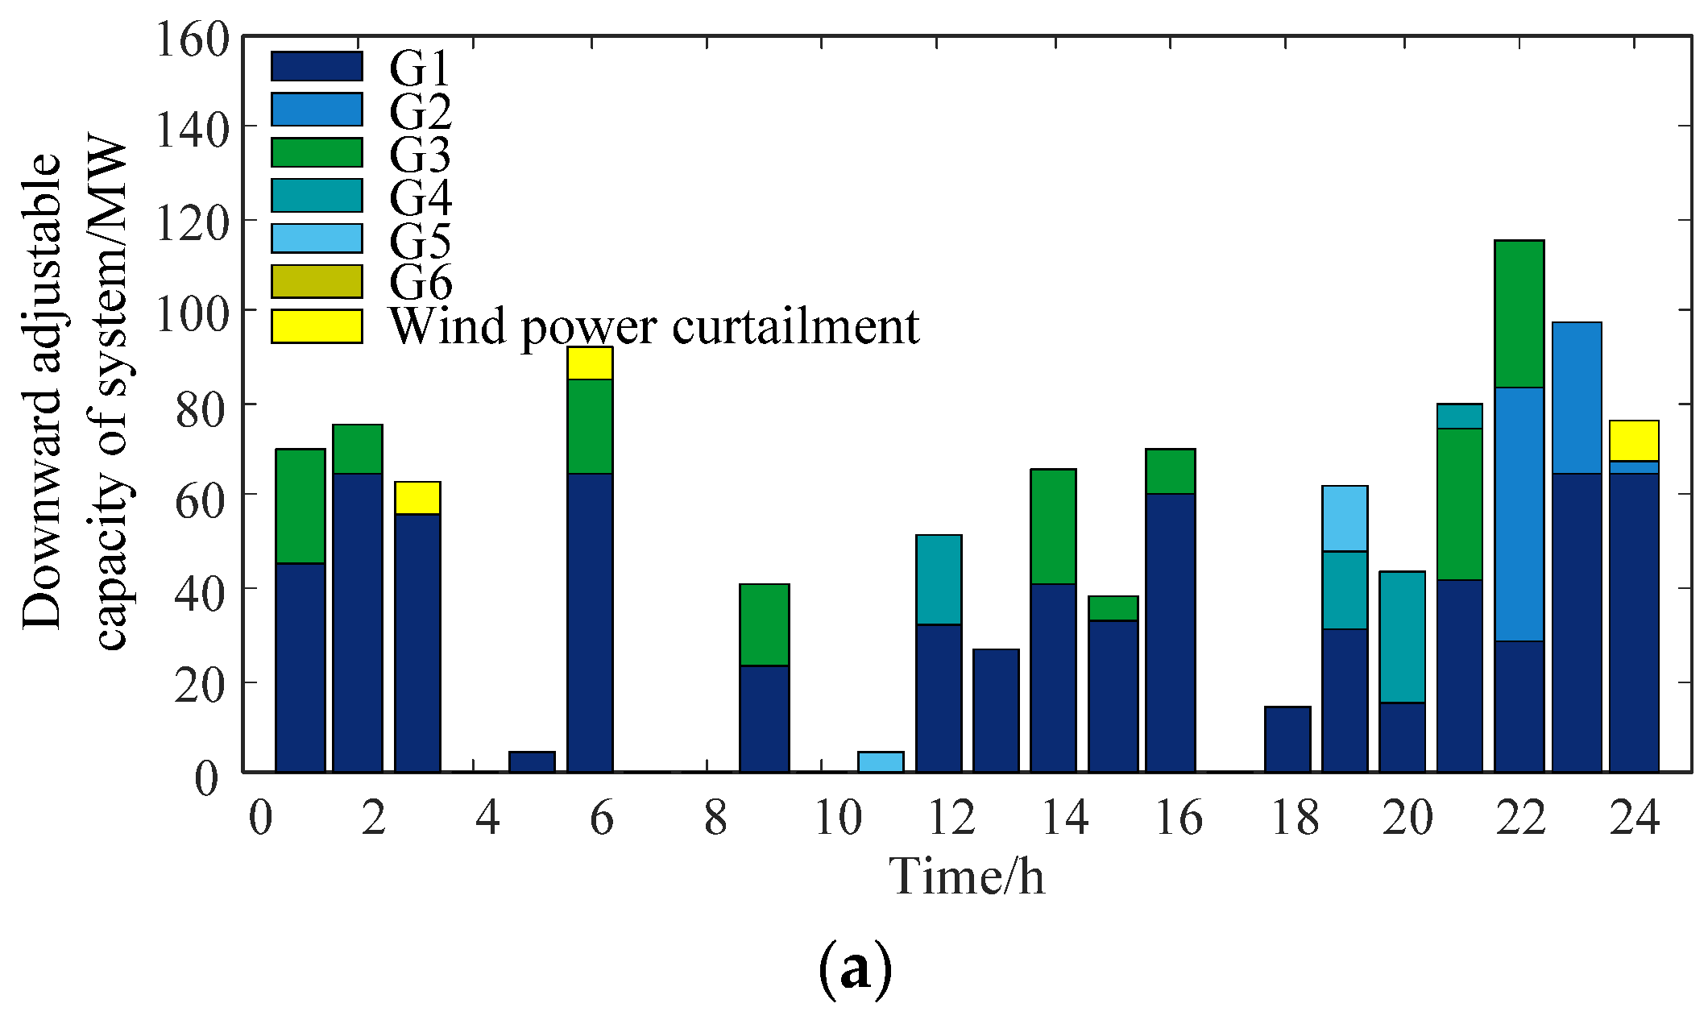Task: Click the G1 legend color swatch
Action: tap(317, 66)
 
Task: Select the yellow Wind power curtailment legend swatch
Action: tap(317, 326)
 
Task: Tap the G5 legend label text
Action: tap(420, 240)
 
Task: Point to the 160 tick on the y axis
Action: tap(192, 39)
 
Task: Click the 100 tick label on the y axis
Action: tap(192, 311)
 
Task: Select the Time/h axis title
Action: tap(966, 876)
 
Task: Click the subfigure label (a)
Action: tap(855, 968)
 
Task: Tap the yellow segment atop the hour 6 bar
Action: tap(590, 363)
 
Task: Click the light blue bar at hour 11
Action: tap(881, 761)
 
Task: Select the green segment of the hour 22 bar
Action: tap(1519, 314)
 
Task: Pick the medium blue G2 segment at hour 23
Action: tap(1577, 398)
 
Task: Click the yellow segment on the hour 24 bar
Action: tap(1634, 441)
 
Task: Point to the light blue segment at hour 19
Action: tap(1345, 519)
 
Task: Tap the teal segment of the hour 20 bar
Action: tap(1402, 637)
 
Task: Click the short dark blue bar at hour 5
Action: tap(532, 761)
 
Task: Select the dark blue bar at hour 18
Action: tap(1287, 739)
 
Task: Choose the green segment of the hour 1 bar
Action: tap(301, 506)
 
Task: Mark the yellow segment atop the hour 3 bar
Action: tap(417, 498)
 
